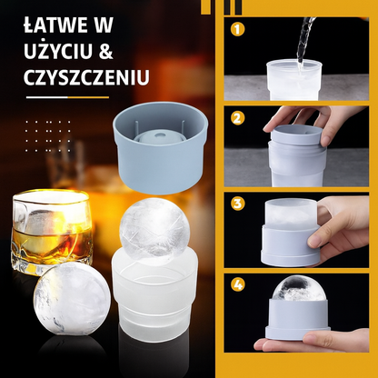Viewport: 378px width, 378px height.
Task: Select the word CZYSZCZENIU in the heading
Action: click(86, 76)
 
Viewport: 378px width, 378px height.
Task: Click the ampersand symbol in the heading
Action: click(105, 51)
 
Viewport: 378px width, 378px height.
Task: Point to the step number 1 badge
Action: click(237, 29)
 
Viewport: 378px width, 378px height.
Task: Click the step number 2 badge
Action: click(237, 118)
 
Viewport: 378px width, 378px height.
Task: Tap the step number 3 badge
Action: click(237, 204)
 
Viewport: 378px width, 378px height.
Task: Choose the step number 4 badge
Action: click(237, 285)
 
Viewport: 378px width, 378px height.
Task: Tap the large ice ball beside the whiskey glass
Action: click(72, 299)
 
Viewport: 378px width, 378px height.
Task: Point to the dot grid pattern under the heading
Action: click(48, 136)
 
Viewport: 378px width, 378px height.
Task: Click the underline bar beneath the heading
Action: click(67, 97)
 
